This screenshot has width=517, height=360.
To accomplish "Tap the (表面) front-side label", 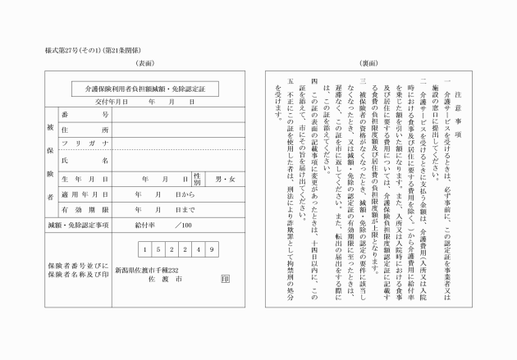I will [145, 63].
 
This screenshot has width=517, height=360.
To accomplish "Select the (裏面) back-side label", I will [369, 63].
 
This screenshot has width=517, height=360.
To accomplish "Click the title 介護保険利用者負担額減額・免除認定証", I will [145, 86].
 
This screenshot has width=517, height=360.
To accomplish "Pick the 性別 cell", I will [198, 178].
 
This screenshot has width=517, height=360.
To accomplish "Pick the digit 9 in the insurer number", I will [212, 249].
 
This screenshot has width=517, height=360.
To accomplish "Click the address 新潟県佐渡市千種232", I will [146, 269].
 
